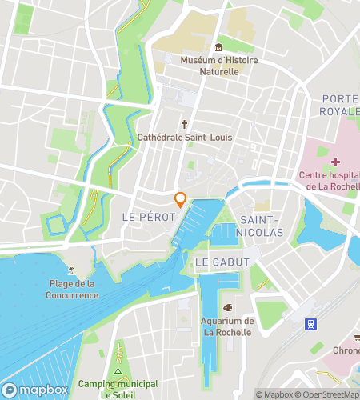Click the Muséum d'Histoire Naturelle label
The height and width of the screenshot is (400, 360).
(x=210, y=66)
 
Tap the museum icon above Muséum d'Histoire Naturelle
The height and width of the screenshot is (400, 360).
(x=218, y=48)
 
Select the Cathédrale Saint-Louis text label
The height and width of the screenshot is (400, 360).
(x=184, y=137)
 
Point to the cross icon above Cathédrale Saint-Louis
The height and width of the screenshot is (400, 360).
(x=184, y=124)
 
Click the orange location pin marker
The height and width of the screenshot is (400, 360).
(x=181, y=200)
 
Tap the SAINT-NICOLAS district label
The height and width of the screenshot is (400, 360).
(x=262, y=226)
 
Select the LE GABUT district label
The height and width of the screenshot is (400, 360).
(x=222, y=262)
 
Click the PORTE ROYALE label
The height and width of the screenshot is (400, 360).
(x=340, y=105)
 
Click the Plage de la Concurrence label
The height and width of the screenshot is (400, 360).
(x=72, y=290)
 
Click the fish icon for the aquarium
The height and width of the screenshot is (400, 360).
(x=227, y=307)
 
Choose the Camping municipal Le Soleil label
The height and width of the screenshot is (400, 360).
(x=118, y=389)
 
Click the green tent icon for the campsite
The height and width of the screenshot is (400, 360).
(x=118, y=372)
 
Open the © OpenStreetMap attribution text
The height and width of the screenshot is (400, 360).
(x=328, y=394)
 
